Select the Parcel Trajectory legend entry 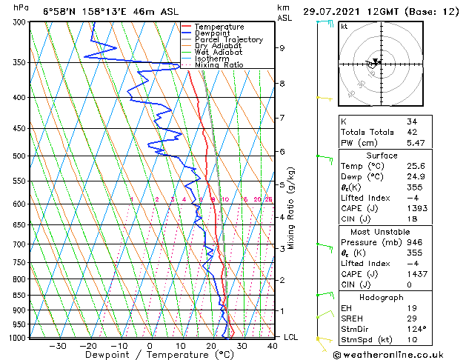pos(225,40)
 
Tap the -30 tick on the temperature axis pos(57,345)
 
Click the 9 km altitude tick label pos(282,48)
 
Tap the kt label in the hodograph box pos(344,27)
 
